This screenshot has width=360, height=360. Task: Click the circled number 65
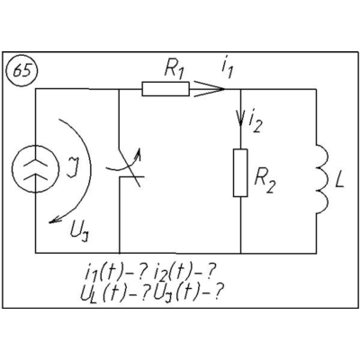coord(22,72)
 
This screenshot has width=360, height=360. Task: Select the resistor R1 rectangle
coord(166,89)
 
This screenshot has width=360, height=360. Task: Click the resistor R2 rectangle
coord(240,173)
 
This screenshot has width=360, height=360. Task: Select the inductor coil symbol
coord(323,179)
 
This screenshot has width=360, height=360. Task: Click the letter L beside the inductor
coord(339,180)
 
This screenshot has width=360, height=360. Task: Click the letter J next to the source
coord(72,169)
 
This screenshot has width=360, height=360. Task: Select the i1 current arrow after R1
coord(209,89)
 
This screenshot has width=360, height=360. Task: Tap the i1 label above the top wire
coord(227,70)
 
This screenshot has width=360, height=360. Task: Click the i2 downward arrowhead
coord(240,119)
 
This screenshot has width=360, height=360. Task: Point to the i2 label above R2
coord(255,123)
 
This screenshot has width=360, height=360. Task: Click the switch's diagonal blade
coord(130,166)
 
